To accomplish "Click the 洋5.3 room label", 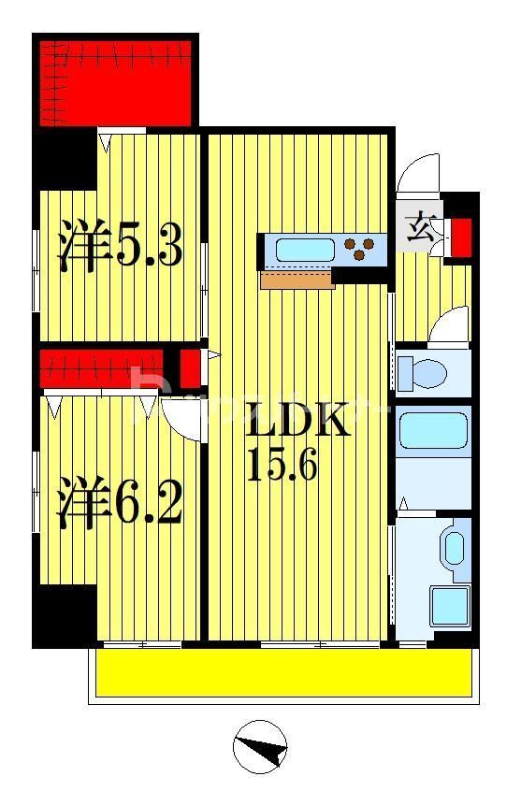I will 120,246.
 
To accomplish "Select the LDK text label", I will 297,422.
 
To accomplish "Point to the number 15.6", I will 282,464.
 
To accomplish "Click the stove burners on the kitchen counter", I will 362,250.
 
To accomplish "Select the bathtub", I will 433,432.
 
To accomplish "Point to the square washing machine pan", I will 448,606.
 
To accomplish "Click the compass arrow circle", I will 260,747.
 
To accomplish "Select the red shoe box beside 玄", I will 460,237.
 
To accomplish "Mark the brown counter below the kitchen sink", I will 297,280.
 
